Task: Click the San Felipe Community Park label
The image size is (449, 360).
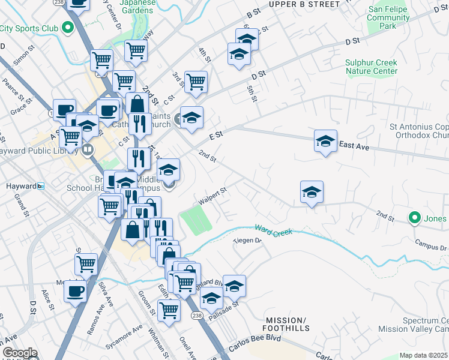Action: coord(389,18)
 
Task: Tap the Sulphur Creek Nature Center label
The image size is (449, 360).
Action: coord(371,67)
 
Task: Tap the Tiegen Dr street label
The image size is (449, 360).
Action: coord(248,241)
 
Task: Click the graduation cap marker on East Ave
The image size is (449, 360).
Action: coord(325,142)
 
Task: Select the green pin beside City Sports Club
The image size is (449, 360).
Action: coord(68,27)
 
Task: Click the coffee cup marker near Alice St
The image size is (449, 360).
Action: coord(76,291)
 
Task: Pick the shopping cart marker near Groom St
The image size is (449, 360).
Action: coord(169,310)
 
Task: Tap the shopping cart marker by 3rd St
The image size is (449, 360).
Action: coord(196,82)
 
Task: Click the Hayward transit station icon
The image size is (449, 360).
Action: coord(41,186)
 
